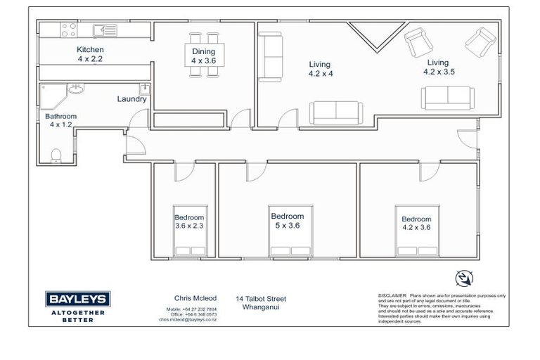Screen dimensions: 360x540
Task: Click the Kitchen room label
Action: tap(90, 54)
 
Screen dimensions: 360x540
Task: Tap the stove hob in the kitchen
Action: tap(70, 30)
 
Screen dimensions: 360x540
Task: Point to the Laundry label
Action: tap(131, 100)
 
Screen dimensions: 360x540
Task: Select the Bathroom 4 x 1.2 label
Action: tap(60, 120)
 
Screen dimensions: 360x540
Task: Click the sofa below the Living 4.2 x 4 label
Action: tap(335, 113)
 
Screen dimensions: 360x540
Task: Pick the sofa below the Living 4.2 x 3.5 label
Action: tap(448, 98)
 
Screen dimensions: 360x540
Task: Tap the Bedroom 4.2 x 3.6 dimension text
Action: tap(416, 227)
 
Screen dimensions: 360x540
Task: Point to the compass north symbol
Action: tap(464, 278)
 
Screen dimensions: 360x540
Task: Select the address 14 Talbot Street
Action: tap(261, 298)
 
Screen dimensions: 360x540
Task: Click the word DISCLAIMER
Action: tap(392, 296)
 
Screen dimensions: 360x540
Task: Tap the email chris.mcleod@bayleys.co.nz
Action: tap(187, 319)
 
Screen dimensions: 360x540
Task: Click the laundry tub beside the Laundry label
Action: tap(143, 89)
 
